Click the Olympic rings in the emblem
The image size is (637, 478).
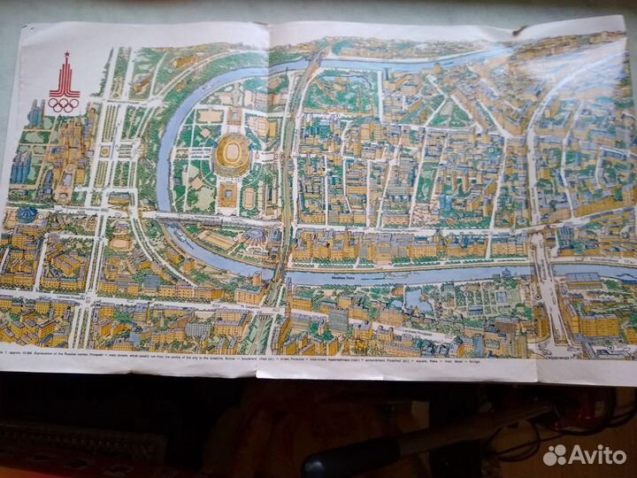(64, 104)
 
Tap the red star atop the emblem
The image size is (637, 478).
(64, 58)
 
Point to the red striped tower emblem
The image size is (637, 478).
(64, 80)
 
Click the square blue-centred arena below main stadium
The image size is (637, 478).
(227, 196)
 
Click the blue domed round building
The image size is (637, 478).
(26, 215)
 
